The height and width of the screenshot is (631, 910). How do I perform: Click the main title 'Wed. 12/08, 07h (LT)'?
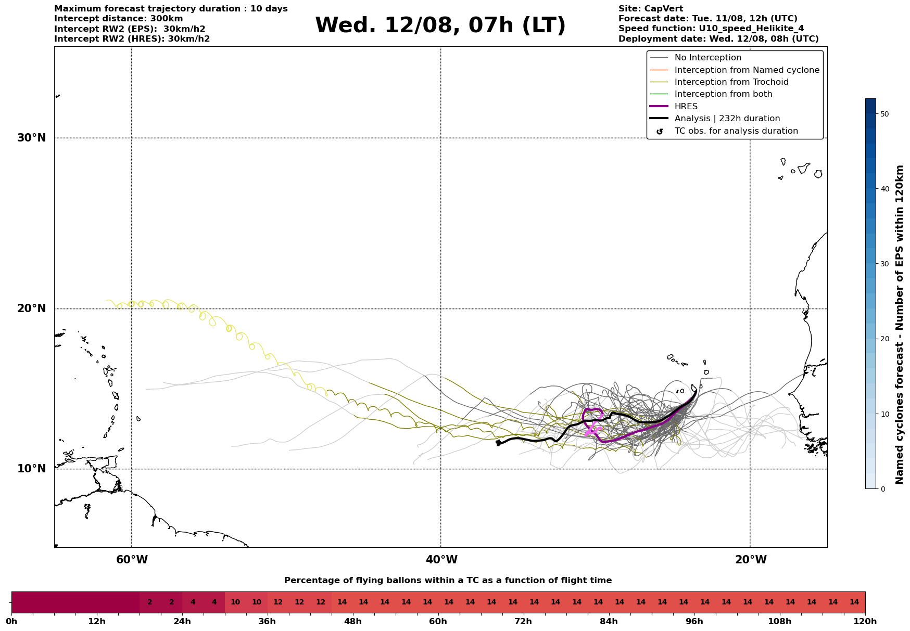(440, 25)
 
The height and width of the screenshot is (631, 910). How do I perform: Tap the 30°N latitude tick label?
(32, 138)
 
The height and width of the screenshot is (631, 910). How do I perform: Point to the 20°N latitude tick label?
(32, 308)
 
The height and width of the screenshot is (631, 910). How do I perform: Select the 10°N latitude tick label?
(32, 469)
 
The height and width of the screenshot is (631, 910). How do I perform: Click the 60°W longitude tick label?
(132, 560)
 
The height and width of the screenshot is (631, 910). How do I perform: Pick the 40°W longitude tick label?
(441, 560)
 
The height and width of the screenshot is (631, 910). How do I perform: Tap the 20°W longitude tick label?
(751, 560)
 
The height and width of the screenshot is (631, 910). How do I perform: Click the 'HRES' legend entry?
(686, 107)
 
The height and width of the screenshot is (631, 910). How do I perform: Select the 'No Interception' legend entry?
(708, 58)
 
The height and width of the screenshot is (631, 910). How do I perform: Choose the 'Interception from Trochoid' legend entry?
(731, 82)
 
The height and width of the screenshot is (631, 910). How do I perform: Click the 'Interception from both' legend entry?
(724, 94)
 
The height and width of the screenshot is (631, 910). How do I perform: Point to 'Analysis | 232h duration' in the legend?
(727, 119)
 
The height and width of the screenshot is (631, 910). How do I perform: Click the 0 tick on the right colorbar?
(882, 489)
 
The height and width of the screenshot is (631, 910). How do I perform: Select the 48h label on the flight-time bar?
(353, 622)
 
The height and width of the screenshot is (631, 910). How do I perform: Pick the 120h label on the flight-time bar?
(865, 622)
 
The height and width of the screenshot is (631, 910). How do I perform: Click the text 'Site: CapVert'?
(651, 9)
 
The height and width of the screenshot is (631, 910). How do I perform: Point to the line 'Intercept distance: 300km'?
(119, 19)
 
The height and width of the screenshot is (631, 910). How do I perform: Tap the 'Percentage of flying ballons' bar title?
(448, 581)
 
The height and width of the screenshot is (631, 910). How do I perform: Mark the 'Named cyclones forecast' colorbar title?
(900, 325)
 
